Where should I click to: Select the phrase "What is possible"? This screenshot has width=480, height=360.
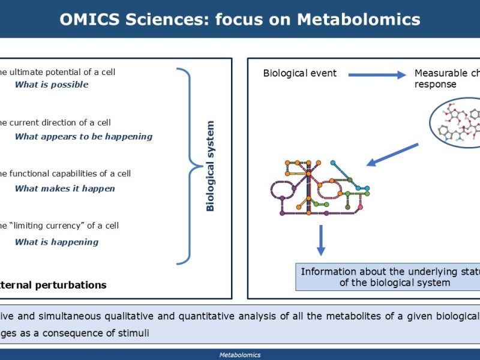point(52,85)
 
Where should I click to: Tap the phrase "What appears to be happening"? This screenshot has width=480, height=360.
point(83,136)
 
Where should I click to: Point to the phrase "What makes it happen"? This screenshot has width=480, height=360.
point(65,188)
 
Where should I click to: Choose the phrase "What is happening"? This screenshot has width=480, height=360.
point(56,242)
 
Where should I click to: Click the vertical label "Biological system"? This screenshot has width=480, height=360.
point(210,166)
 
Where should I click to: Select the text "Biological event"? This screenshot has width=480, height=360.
point(300,73)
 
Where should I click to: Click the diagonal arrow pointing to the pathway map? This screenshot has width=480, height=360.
point(393,154)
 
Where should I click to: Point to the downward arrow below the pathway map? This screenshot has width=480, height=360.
point(320,239)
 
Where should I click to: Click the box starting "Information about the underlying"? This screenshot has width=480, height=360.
point(389,277)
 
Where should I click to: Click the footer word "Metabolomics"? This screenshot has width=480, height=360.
point(240,355)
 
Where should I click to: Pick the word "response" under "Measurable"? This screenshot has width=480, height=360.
point(436,85)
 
